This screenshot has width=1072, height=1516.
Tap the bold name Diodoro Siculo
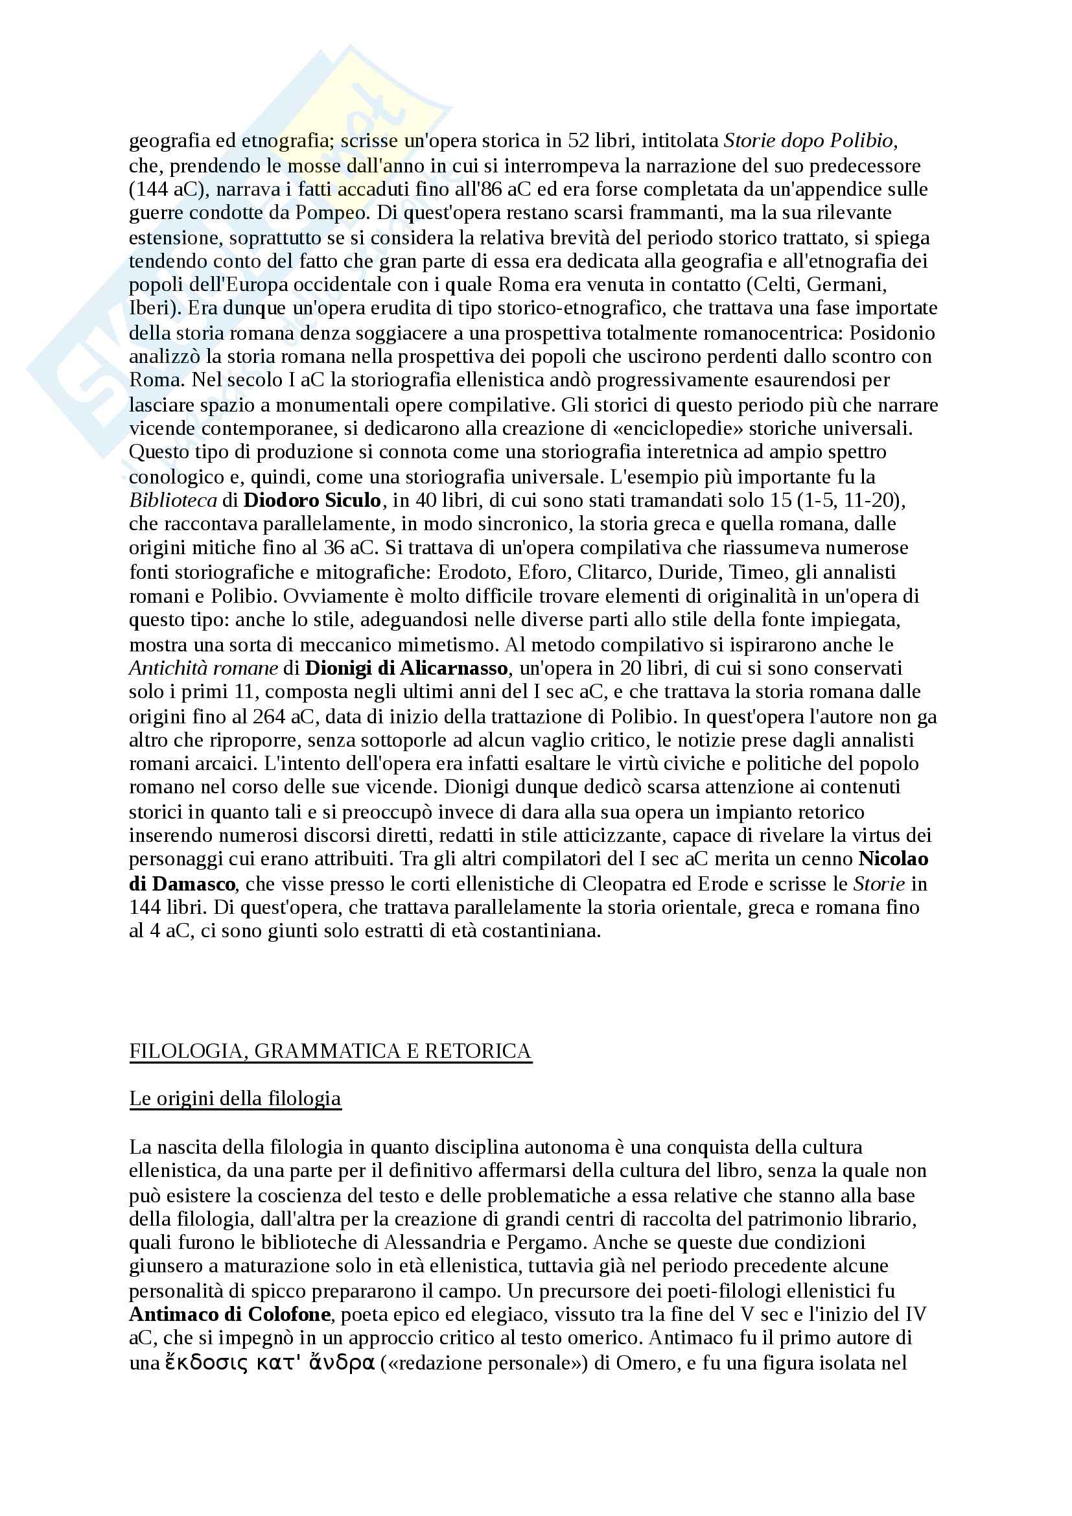(312, 500)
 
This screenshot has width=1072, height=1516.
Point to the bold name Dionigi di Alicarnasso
(406, 668)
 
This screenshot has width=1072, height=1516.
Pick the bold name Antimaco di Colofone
(229, 1314)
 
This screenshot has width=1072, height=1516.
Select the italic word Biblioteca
(173, 500)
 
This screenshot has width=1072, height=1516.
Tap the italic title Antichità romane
(204, 668)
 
